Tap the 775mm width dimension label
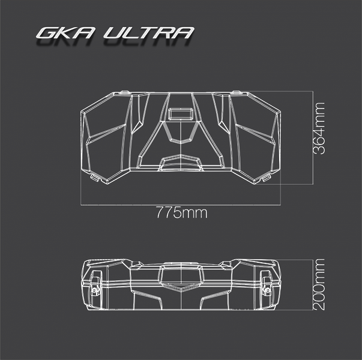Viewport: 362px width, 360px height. [x=182, y=212]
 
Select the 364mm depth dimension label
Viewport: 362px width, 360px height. [x=319, y=128]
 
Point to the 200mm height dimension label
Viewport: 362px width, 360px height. [x=319, y=284]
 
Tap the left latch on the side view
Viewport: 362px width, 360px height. [x=95, y=283]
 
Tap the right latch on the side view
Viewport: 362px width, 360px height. [x=267, y=283]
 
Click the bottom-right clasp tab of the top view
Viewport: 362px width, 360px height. [x=266, y=178]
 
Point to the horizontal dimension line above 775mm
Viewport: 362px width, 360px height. [x=181, y=205]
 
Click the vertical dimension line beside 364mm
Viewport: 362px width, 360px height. [x=313, y=137]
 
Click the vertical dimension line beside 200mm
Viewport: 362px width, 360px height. [x=313, y=284]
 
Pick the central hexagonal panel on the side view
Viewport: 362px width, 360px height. [x=181, y=277]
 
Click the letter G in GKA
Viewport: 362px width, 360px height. [x=47, y=33]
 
